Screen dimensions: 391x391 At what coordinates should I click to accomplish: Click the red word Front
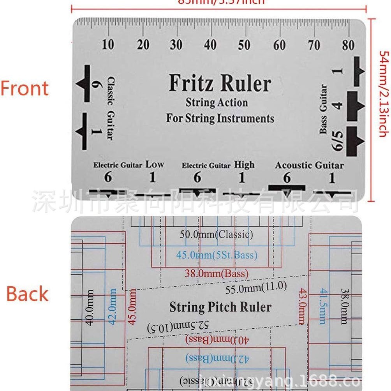click(x=25, y=88)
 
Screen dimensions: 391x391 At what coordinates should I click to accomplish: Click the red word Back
click(x=27, y=294)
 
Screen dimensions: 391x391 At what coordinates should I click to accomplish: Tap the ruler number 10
click(x=108, y=45)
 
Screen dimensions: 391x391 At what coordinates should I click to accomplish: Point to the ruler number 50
click(x=244, y=45)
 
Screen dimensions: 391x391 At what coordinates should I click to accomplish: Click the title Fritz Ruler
click(x=220, y=84)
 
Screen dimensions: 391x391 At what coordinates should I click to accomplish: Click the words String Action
click(x=217, y=103)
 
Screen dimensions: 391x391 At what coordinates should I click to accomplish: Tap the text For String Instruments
click(x=220, y=118)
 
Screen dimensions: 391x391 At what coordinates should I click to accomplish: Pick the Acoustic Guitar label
click(x=309, y=165)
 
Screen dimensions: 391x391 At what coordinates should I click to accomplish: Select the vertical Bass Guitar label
click(x=323, y=109)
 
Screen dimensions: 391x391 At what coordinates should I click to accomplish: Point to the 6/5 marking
click(x=337, y=141)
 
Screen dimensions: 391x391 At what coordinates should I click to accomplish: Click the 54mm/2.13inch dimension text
click(x=384, y=93)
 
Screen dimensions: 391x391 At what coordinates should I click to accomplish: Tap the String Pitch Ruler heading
click(x=220, y=307)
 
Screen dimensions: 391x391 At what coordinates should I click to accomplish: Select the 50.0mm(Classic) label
click(x=216, y=235)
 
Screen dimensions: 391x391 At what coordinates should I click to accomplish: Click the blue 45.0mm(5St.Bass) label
click(x=217, y=255)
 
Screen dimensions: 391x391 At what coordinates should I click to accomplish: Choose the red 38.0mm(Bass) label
click(x=216, y=273)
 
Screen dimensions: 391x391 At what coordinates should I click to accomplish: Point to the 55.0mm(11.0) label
click(x=256, y=288)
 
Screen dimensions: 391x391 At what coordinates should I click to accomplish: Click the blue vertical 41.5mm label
click(x=322, y=306)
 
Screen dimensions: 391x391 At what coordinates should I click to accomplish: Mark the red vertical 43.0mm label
click(x=301, y=306)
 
